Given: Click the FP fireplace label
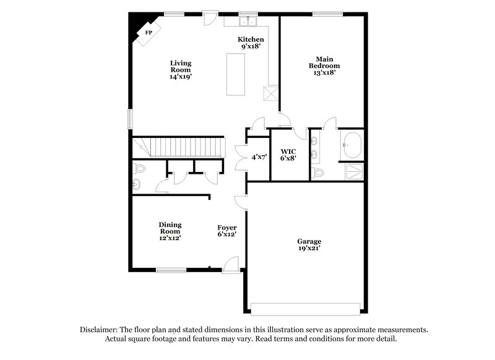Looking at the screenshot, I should coord(148,33).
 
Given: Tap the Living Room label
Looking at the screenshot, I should coord(181,70).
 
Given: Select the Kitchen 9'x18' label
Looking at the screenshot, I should coord(251,42).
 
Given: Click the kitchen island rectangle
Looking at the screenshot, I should coord(236,74).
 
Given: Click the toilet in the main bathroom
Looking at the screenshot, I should coord(319,173).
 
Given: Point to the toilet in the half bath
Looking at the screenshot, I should coord(140,168).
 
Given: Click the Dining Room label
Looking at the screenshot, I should coord(170,231).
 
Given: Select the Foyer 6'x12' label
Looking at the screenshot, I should coord(227,231).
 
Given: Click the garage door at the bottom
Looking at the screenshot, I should coord(305,308).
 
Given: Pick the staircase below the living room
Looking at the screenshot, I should coord(179,148).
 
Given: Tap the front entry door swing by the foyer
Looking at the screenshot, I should coord(231,265).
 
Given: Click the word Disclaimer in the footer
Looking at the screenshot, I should coord(99,330).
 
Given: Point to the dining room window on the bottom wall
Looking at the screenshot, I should coord(171,270).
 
